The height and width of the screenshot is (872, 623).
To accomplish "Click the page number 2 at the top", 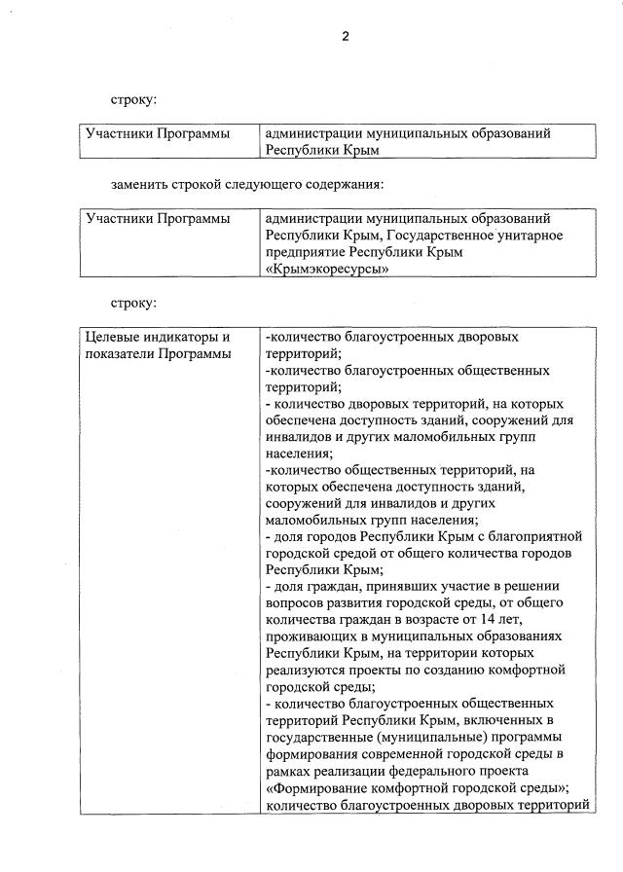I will pyautogui.click(x=345, y=37).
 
